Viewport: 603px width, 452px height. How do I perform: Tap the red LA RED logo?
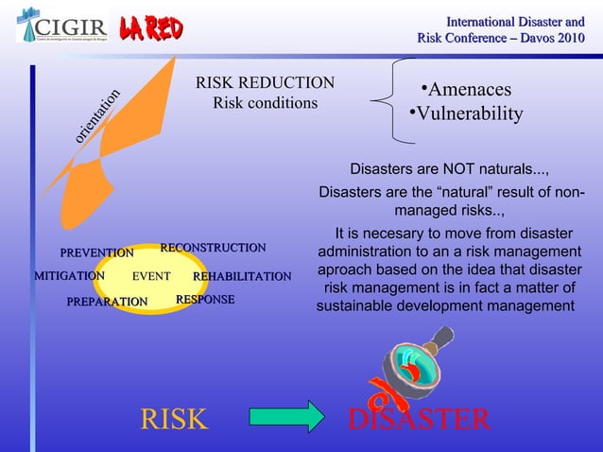(150, 29)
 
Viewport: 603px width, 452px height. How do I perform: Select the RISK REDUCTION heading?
(265, 83)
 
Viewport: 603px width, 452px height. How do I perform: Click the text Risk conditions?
(265, 102)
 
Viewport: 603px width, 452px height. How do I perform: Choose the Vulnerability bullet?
(466, 114)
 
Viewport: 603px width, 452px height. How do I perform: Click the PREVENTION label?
(96, 253)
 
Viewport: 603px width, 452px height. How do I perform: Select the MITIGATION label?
(69, 276)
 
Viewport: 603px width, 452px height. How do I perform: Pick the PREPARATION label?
(107, 302)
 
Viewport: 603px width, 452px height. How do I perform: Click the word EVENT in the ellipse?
(150, 277)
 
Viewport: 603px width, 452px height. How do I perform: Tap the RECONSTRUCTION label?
(213, 248)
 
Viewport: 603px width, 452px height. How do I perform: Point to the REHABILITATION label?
(242, 277)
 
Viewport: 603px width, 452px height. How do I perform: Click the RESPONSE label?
(205, 300)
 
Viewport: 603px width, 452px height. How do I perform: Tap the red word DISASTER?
(419, 419)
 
